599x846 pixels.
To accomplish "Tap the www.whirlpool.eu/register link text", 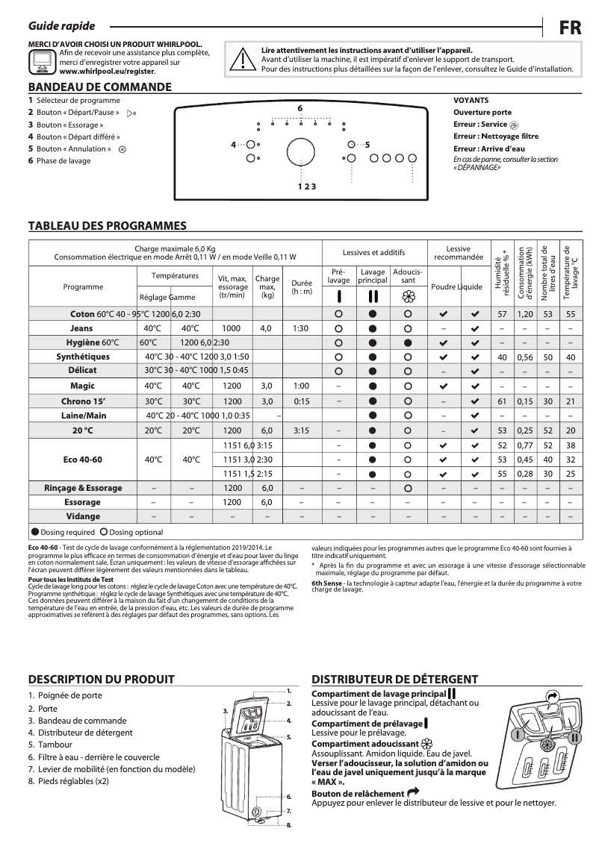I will pos(107,72).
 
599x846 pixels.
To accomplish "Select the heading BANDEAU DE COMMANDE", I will pos(99,87).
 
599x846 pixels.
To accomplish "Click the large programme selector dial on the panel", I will pos(300,148).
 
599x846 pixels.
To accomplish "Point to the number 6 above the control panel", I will pos(299,109).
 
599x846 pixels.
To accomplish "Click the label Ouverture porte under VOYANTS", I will pos(482,112).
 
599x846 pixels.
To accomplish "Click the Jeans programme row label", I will pos(81,328).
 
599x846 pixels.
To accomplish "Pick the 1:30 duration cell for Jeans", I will pos(301,328).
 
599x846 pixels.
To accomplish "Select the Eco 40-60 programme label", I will pos(82,459).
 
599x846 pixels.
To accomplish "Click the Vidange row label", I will pos(82,516).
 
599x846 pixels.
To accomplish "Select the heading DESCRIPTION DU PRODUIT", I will pos(101,679).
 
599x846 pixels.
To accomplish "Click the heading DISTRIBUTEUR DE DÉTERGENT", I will pos(394,679).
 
